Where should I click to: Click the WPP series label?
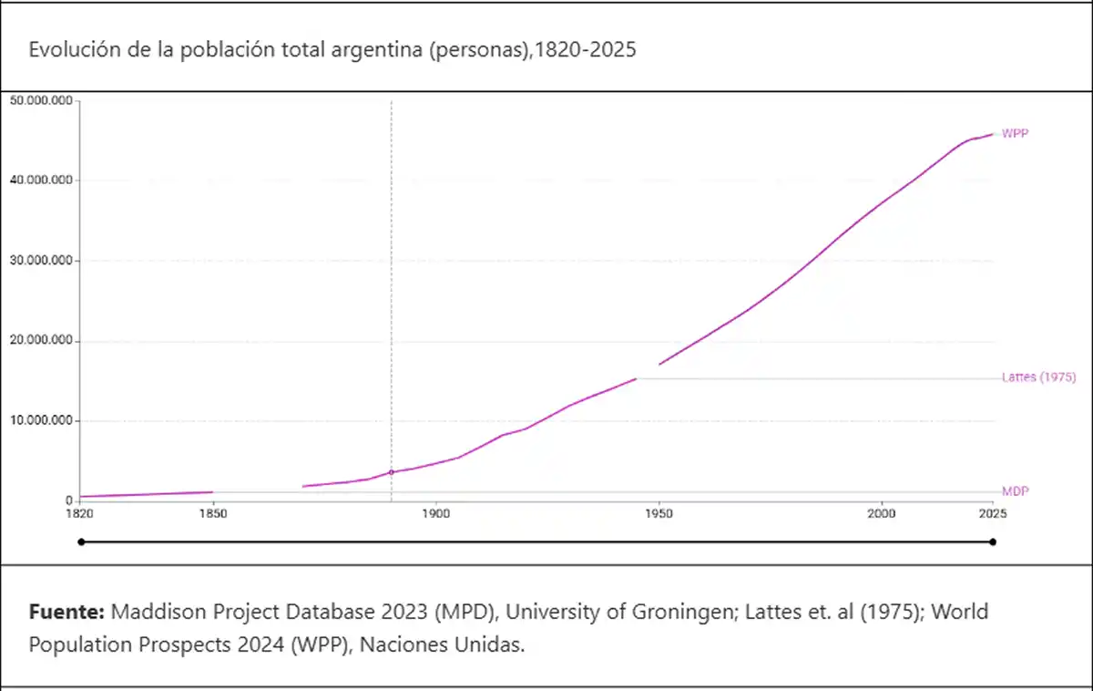point(1015,133)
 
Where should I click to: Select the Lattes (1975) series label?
point(1038,377)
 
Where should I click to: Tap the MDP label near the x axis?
point(1015,491)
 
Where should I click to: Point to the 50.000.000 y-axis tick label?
point(40,100)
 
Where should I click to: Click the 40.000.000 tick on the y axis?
point(40,180)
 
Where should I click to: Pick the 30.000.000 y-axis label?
point(40,261)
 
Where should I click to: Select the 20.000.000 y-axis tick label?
point(40,341)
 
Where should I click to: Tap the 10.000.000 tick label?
point(40,421)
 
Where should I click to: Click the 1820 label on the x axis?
point(80,514)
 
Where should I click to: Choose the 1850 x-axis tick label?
point(213,514)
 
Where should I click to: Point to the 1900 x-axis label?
point(435,514)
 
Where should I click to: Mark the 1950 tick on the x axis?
point(659,514)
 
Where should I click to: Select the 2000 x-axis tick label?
point(881,514)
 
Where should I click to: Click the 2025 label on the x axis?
point(992,514)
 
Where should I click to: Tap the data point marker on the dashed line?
point(392,472)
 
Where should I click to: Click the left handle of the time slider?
point(81,542)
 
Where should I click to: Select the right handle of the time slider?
point(993,542)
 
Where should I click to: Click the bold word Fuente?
point(66,611)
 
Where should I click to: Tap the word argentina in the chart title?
point(371,50)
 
